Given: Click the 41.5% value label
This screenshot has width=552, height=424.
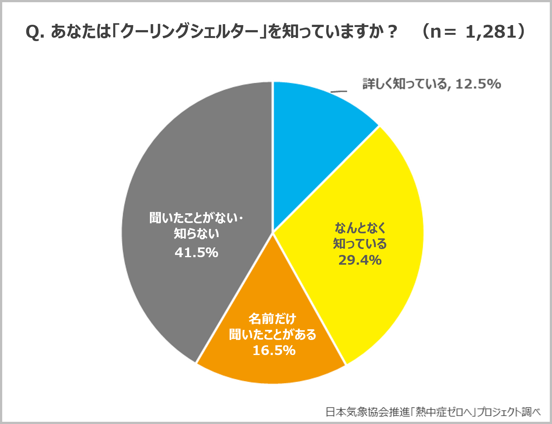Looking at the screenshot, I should coord(196,253).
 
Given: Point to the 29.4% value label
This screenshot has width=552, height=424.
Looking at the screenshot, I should coord(360,260).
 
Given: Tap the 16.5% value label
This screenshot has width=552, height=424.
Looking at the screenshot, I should coord(274,351).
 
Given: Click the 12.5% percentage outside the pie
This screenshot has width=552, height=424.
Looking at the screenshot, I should coord(478,84).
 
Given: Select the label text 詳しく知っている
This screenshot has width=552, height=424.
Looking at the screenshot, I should coord(405,84).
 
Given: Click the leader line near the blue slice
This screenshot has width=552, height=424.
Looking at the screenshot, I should coord(339,92).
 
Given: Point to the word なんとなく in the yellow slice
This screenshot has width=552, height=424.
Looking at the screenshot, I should coord(360,228).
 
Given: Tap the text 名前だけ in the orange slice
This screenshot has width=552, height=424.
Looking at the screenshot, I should coord(272,319).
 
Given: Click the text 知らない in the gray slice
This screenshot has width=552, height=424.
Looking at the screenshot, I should coord(196,234).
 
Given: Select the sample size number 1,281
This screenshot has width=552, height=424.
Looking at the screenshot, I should coord(491,32).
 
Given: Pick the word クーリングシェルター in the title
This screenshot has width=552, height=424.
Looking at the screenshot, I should coord(189,32).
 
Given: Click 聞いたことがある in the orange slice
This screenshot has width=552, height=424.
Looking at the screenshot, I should coord(272,335).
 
